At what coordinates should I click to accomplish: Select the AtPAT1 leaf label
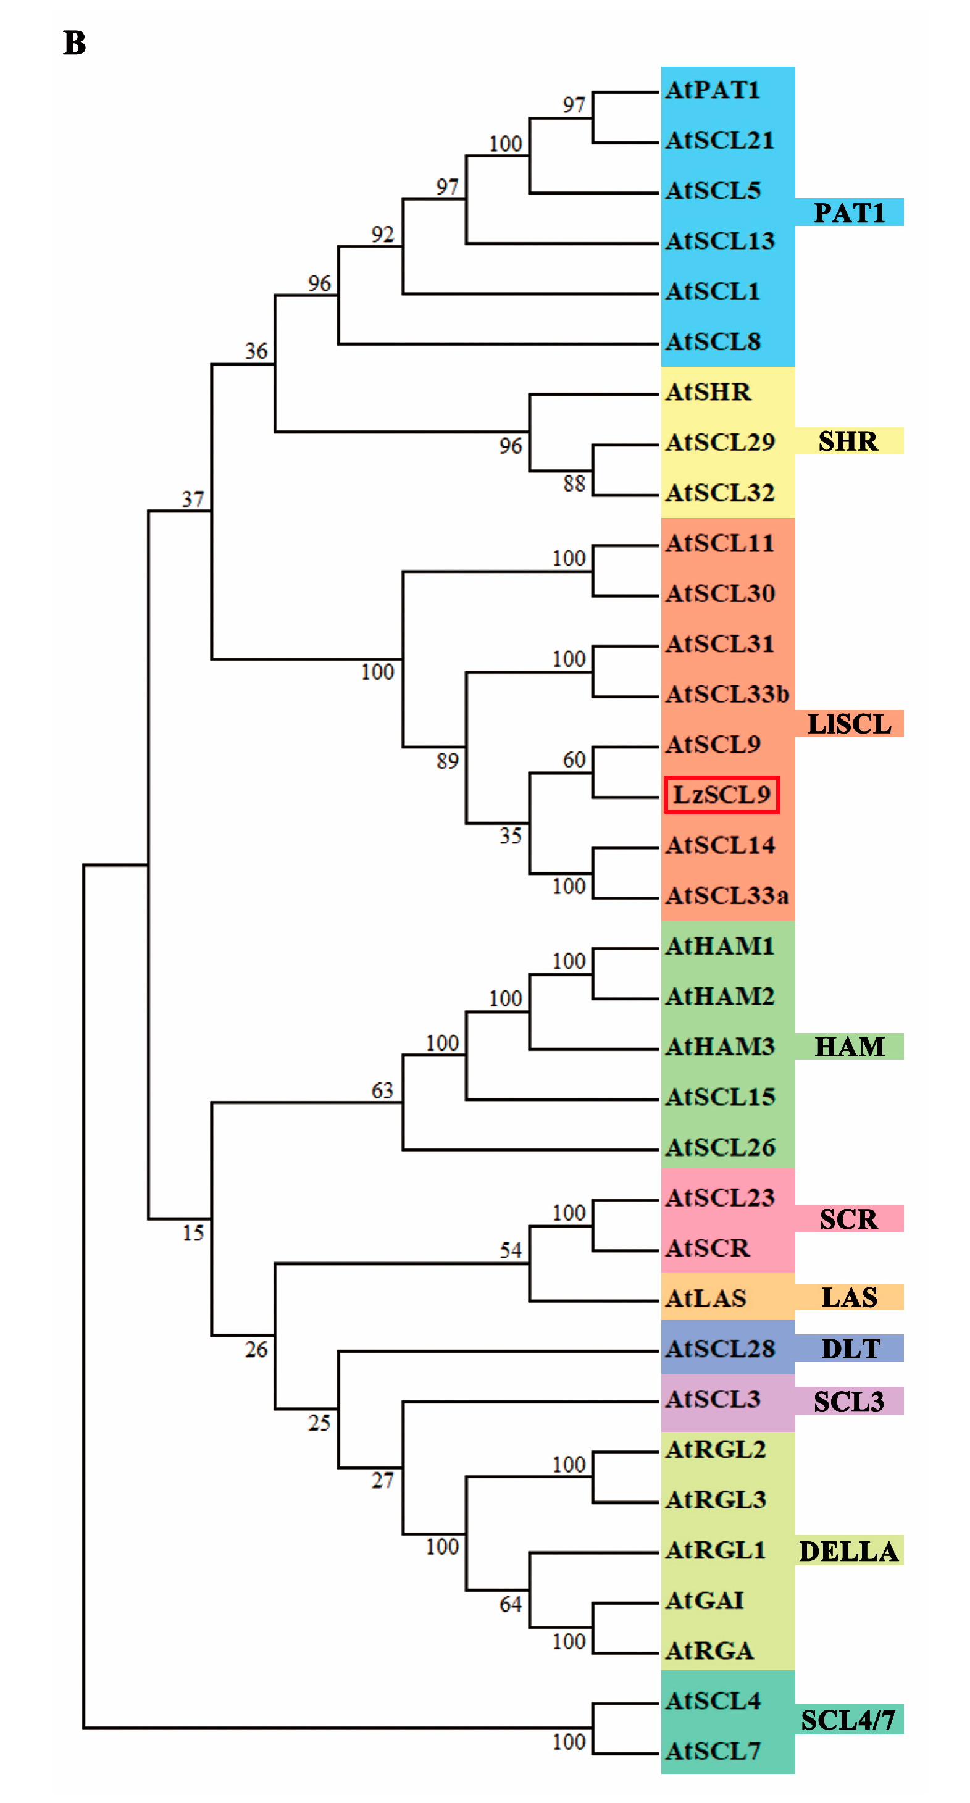click(713, 90)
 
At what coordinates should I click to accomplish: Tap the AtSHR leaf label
click(708, 392)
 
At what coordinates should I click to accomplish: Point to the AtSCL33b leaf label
click(727, 694)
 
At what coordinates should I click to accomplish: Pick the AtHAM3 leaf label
click(720, 1047)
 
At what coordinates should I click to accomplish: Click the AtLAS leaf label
click(706, 1299)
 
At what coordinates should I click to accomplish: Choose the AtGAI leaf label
click(705, 1600)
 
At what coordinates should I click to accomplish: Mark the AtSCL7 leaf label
click(713, 1751)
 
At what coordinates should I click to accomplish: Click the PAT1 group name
click(849, 213)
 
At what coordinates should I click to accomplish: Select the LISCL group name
click(849, 724)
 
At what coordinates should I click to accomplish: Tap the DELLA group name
click(848, 1552)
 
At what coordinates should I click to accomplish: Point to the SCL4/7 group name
click(848, 1720)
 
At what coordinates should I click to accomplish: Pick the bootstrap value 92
click(383, 235)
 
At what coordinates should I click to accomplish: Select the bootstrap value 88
click(574, 483)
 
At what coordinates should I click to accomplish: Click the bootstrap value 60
click(574, 759)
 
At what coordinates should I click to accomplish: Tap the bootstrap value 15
click(193, 1232)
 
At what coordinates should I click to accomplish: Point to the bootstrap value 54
click(511, 1250)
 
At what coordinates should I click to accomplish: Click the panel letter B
click(75, 43)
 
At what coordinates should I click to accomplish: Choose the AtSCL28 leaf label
click(720, 1349)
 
